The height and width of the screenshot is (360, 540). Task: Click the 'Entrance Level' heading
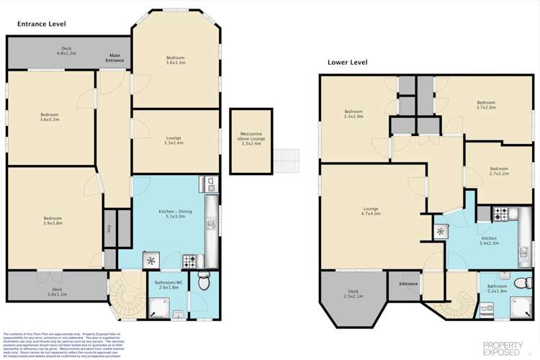[42, 24]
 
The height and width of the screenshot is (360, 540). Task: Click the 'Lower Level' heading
[347, 63]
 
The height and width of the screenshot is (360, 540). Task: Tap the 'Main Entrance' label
[115, 57]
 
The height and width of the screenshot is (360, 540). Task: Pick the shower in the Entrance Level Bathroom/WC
[158, 307]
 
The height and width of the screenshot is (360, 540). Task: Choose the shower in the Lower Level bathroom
[518, 307]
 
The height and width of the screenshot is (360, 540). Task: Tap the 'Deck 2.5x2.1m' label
[353, 294]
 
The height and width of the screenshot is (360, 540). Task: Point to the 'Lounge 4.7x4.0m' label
[371, 212]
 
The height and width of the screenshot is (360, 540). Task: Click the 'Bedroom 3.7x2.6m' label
[486, 105]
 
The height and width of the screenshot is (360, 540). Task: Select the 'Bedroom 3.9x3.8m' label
[52, 220]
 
